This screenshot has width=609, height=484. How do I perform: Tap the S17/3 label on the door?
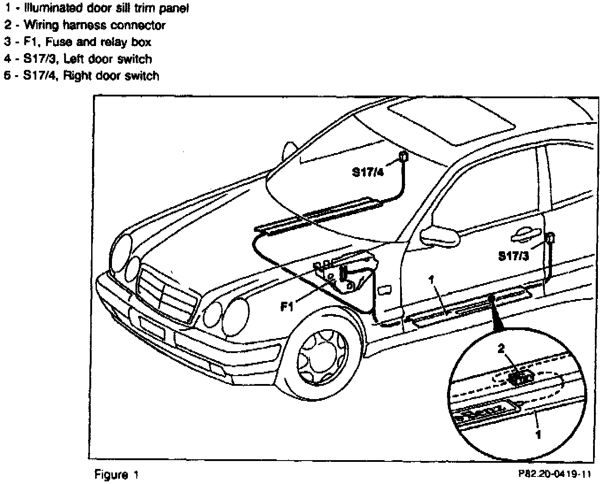pyautogui.click(x=513, y=256)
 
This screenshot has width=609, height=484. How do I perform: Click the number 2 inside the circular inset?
pyautogui.click(x=501, y=349)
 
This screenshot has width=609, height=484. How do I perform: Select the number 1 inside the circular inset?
pyautogui.click(x=538, y=435)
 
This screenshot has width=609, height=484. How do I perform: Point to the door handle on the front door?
pyautogui.click(x=526, y=237)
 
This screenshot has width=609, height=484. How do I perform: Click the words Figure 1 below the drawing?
pyautogui.click(x=116, y=475)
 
